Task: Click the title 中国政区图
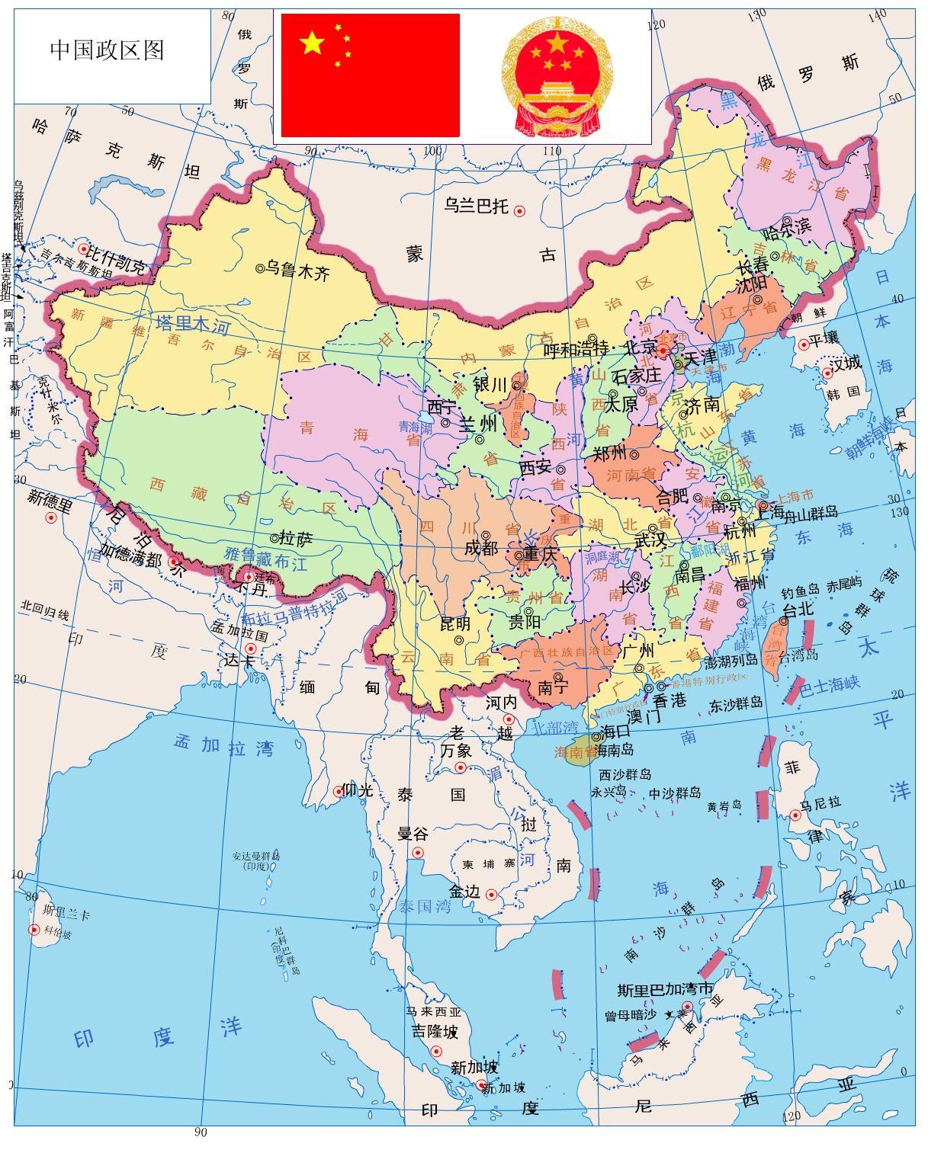point(107,50)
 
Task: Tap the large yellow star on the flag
point(312,43)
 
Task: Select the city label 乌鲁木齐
point(297,270)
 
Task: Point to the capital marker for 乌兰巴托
point(520,211)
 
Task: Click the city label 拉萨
point(296,539)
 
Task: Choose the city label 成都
point(480,548)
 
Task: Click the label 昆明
point(455,623)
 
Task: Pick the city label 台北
point(799,610)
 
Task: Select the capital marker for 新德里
point(52,518)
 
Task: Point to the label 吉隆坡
point(435,1031)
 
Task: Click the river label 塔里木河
point(192,325)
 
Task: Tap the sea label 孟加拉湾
point(223,745)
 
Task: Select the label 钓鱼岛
point(800,589)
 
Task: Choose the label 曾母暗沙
point(630,1015)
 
